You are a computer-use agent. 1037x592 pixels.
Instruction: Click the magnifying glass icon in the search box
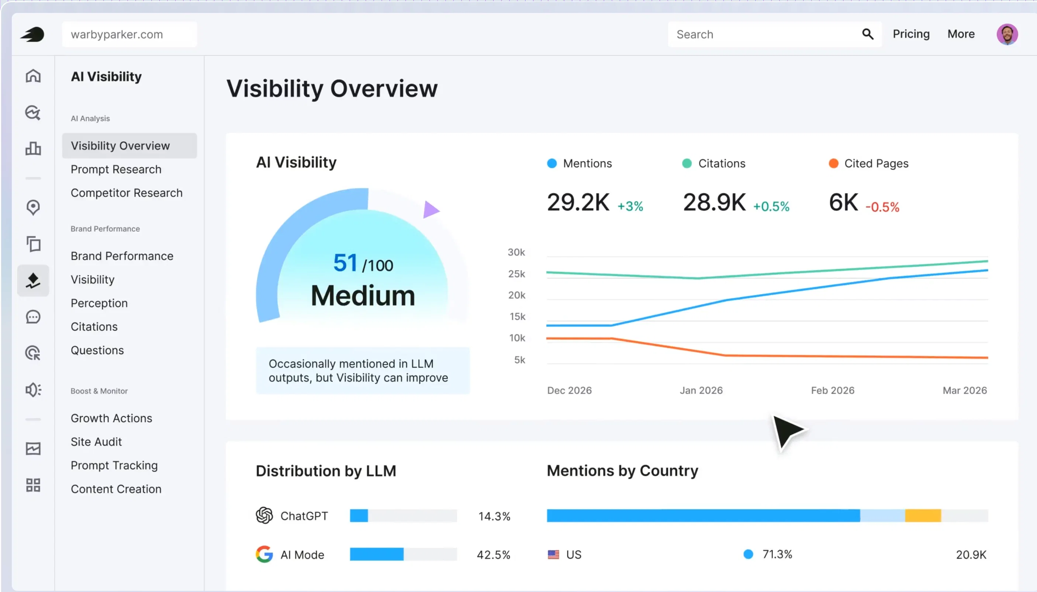(x=867, y=34)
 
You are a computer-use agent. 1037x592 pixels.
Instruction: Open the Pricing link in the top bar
(x=911, y=34)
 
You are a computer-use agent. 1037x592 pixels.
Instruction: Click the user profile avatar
(x=1007, y=34)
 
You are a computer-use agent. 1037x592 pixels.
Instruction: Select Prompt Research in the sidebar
(x=116, y=169)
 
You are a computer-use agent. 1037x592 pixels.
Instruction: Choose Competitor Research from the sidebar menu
(x=127, y=193)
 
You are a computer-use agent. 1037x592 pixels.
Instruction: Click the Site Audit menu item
(x=96, y=442)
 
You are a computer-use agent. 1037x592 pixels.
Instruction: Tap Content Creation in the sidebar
(x=116, y=489)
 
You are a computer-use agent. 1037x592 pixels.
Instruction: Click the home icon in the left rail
(x=33, y=76)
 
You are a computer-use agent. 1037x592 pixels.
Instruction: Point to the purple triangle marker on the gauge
(x=430, y=210)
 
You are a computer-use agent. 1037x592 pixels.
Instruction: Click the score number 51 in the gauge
(x=345, y=263)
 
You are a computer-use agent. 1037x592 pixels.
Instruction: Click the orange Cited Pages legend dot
(x=833, y=163)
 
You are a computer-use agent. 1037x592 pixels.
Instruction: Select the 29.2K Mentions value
(x=578, y=202)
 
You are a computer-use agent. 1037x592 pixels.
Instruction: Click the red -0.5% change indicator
(x=882, y=207)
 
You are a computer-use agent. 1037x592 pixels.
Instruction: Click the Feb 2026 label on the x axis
(x=833, y=390)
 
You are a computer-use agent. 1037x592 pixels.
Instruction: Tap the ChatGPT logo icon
(x=265, y=516)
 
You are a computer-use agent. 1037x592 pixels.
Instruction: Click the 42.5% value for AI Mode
(x=493, y=555)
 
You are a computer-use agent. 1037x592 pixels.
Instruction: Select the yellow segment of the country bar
(x=923, y=516)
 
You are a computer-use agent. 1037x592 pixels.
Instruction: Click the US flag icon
(x=553, y=555)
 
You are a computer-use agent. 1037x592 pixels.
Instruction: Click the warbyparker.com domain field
(x=129, y=34)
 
